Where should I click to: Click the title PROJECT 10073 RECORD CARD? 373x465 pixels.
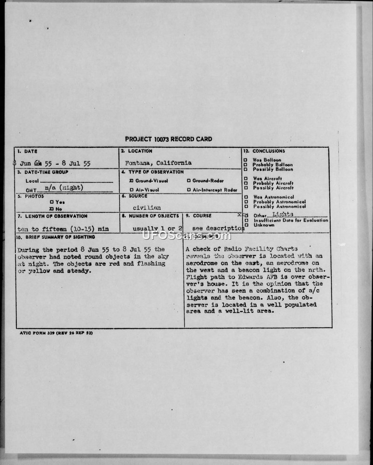click(x=168, y=139)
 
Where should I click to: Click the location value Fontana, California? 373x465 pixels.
click(x=159, y=163)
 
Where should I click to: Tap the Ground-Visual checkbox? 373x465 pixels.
click(x=131, y=180)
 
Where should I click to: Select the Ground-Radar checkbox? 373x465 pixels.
click(x=188, y=180)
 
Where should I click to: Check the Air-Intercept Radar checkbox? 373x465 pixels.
click(x=188, y=190)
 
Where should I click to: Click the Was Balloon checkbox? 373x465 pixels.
click(x=246, y=160)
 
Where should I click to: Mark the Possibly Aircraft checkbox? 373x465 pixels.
click(x=246, y=187)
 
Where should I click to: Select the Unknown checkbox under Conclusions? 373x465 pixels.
click(x=246, y=225)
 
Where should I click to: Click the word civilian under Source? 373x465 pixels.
click(x=146, y=207)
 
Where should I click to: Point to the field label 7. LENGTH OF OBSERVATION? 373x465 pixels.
click(x=52, y=216)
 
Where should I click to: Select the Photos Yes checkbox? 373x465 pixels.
click(x=51, y=202)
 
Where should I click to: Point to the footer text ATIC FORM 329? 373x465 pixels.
click(x=40, y=332)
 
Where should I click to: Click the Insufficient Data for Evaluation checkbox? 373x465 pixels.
click(x=246, y=220)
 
